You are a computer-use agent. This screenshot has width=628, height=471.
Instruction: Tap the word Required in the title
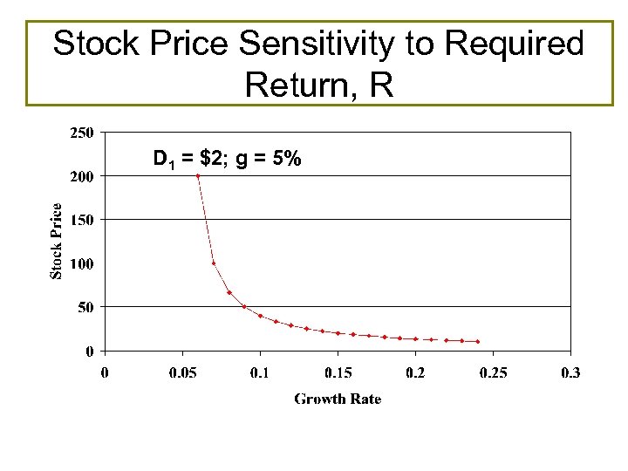point(519,44)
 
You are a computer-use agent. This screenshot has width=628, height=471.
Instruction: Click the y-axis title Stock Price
point(57,242)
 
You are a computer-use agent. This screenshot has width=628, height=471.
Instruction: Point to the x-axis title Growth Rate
point(338,399)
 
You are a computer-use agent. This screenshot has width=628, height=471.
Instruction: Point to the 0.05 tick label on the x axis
point(182,373)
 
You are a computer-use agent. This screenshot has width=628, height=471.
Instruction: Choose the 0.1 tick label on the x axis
point(260,373)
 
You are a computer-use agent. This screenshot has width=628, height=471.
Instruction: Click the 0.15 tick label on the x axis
point(338,373)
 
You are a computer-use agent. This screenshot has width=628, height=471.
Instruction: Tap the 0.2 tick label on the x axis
point(415,373)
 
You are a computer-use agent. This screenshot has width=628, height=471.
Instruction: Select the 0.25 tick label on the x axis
point(493,373)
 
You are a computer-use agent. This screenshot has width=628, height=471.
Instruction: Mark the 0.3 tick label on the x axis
point(570,373)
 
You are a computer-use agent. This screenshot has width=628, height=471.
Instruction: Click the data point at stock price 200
point(198,176)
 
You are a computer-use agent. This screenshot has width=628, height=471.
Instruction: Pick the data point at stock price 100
point(214,263)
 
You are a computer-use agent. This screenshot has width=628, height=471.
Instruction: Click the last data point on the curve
point(478,341)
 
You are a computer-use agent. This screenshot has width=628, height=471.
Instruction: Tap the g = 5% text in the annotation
point(269,160)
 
